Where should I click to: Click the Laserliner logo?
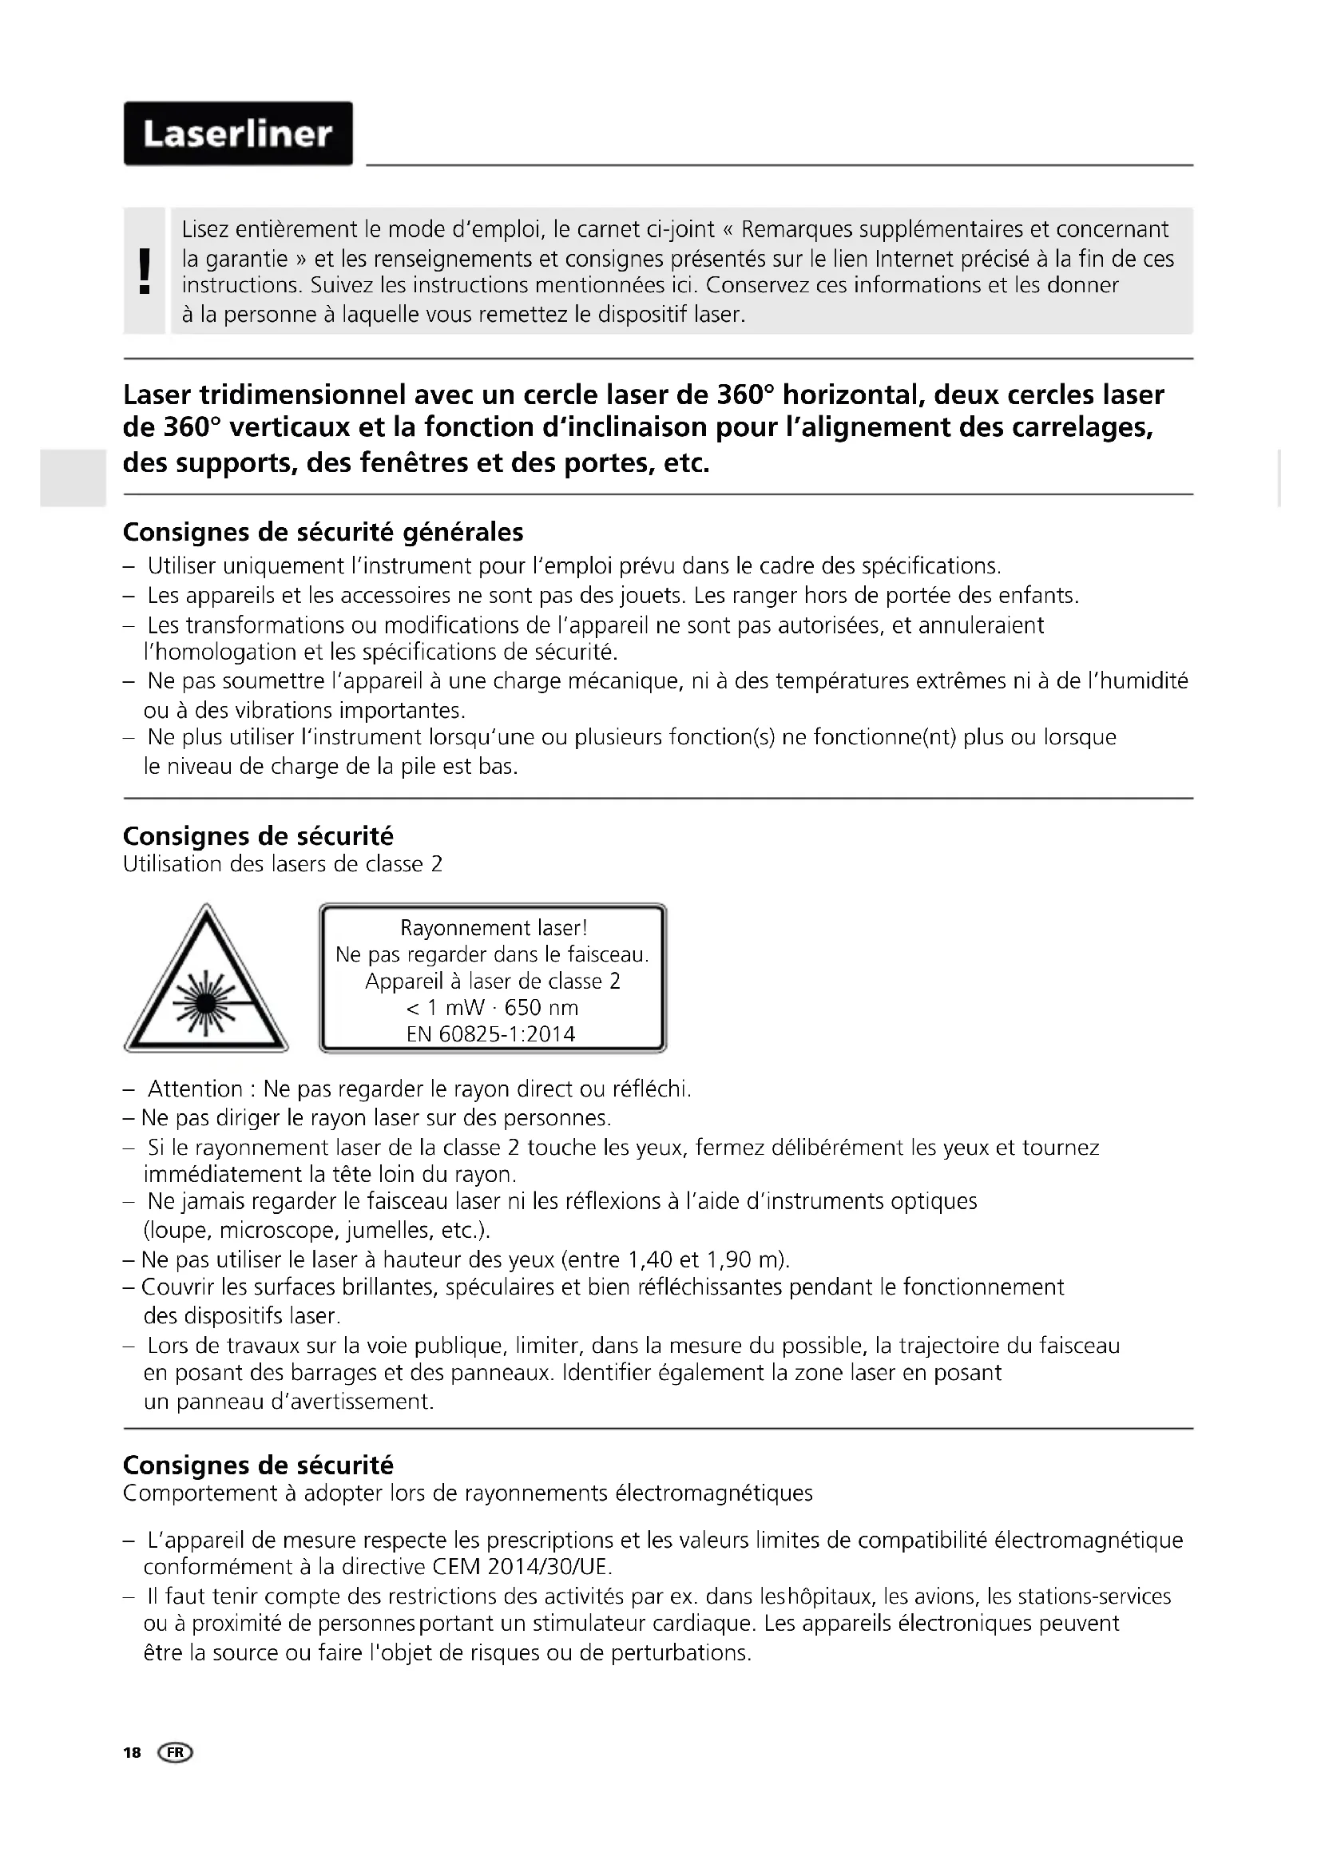click(x=237, y=134)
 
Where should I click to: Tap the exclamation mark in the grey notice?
click(x=145, y=271)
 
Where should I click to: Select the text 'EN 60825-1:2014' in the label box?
click(x=490, y=1034)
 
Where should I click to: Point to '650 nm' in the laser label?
click(x=541, y=1007)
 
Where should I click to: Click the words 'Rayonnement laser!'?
click(x=493, y=927)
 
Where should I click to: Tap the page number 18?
click(x=132, y=1752)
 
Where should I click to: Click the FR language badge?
click(x=177, y=1752)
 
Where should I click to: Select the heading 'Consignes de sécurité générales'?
click(x=323, y=532)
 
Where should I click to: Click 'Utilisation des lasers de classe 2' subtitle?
click(x=282, y=863)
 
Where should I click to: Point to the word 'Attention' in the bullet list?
click(x=195, y=1089)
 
